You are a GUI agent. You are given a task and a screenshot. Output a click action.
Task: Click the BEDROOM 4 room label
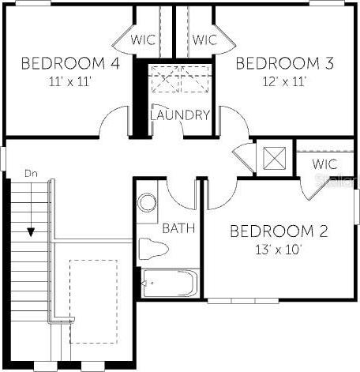coord(70,63)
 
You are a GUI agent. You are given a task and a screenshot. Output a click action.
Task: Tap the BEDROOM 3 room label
coord(285,63)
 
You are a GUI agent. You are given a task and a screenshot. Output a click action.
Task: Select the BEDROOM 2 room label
coord(279,231)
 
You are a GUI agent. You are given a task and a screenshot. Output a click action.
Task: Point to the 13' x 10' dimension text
coord(279,250)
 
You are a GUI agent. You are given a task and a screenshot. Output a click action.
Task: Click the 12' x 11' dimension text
coord(284,81)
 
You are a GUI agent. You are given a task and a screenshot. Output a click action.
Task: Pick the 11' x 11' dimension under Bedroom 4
coord(70,81)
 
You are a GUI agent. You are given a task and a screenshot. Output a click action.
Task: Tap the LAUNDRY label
coord(180,115)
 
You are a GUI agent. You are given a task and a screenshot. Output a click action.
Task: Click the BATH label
coord(179,228)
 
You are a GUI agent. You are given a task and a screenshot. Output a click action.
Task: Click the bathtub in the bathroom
coord(170,283)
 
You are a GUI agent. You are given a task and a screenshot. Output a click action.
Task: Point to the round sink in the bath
coord(147,203)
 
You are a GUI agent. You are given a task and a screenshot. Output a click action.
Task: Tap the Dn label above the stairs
coord(31,174)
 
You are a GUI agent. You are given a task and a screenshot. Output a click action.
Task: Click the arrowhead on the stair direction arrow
coord(31,232)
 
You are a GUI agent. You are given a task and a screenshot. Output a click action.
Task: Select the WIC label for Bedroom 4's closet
coord(144,39)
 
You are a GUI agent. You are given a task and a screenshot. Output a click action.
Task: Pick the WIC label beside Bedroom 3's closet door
coord(204,39)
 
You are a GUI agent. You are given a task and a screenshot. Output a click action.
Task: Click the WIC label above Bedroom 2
coord(324,164)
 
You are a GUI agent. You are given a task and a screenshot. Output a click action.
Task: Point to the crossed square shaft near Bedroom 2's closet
coord(275,158)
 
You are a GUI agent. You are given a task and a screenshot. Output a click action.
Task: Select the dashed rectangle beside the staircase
coord(94,302)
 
